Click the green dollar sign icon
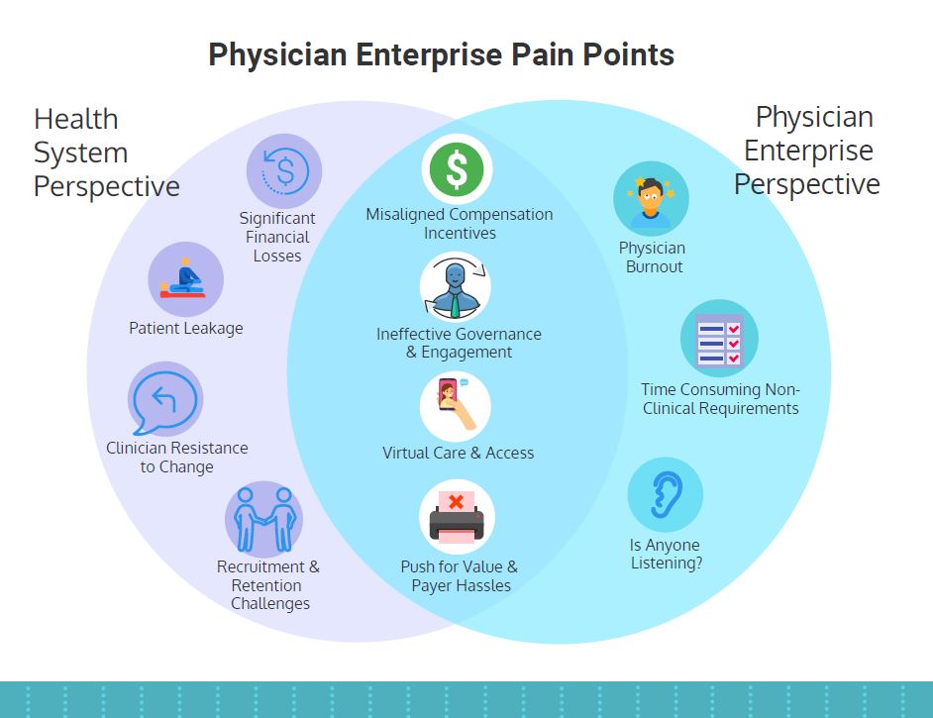tap(457, 169)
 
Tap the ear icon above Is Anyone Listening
tap(666, 494)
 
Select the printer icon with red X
tap(457, 517)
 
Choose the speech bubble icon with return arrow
tap(164, 400)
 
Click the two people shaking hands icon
tap(263, 519)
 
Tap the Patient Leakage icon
tap(185, 279)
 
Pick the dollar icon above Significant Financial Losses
tap(284, 171)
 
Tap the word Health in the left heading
tap(76, 119)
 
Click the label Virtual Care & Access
tap(459, 454)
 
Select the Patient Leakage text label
tap(185, 329)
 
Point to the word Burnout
tap(654, 266)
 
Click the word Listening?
tap(667, 563)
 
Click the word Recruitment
tap(260, 566)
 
